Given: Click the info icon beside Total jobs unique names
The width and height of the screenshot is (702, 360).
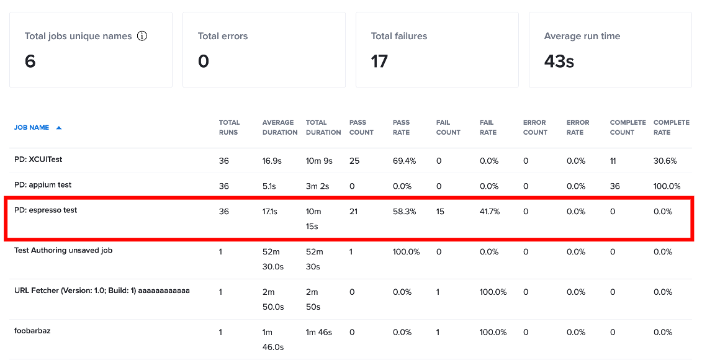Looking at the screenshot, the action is coord(142,36).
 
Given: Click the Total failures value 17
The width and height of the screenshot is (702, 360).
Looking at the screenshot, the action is coord(379,61).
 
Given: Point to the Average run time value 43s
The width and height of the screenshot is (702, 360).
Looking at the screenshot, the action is coord(559,61).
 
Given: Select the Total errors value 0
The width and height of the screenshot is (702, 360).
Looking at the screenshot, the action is coord(203,61).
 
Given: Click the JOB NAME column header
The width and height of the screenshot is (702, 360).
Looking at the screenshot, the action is coord(32,128).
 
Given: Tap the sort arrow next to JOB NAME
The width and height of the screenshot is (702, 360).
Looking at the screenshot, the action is coord(58,128).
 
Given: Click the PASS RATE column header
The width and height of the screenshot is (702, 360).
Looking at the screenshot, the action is coord(401,127).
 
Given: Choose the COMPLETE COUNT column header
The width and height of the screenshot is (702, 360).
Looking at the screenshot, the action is coord(628,127).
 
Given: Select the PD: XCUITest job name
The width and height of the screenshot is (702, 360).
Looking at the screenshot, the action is coord(38,160).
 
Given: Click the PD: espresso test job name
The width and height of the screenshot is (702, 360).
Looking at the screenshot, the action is coord(46,210).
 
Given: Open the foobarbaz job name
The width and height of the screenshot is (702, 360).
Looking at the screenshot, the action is coord(32,331).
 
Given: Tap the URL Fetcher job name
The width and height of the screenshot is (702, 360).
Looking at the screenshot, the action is coord(102,290).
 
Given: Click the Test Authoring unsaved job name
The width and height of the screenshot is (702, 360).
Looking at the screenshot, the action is coord(63,250).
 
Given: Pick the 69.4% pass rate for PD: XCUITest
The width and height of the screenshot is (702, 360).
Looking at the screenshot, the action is coord(404,161).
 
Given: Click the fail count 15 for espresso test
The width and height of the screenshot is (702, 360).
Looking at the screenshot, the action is coord(440,211).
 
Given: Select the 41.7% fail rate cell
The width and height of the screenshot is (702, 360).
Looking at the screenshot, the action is coord(489,211).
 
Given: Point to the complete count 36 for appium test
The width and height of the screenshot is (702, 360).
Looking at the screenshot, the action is coord(614,186).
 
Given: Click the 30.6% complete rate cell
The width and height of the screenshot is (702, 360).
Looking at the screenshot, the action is coord(665,161).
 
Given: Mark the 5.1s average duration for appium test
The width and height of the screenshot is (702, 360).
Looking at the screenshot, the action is coord(269,186).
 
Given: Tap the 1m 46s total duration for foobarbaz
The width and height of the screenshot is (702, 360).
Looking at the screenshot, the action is coord(319,332).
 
